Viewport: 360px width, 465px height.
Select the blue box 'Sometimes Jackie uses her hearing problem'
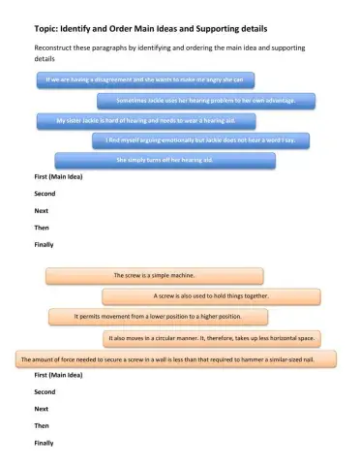(205, 100)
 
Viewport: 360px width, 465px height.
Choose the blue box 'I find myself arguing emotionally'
(207, 140)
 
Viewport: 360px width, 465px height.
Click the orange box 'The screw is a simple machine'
(154, 276)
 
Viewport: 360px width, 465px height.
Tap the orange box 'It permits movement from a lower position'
(158, 316)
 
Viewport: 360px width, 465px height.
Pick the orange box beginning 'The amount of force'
(177, 358)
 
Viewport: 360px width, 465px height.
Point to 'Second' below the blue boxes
(45, 195)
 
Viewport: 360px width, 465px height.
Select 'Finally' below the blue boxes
(44, 245)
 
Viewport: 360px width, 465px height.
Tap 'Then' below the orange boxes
(42, 425)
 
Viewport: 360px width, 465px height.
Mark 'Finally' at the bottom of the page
(44, 442)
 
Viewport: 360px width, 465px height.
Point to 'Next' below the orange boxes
(42, 409)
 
